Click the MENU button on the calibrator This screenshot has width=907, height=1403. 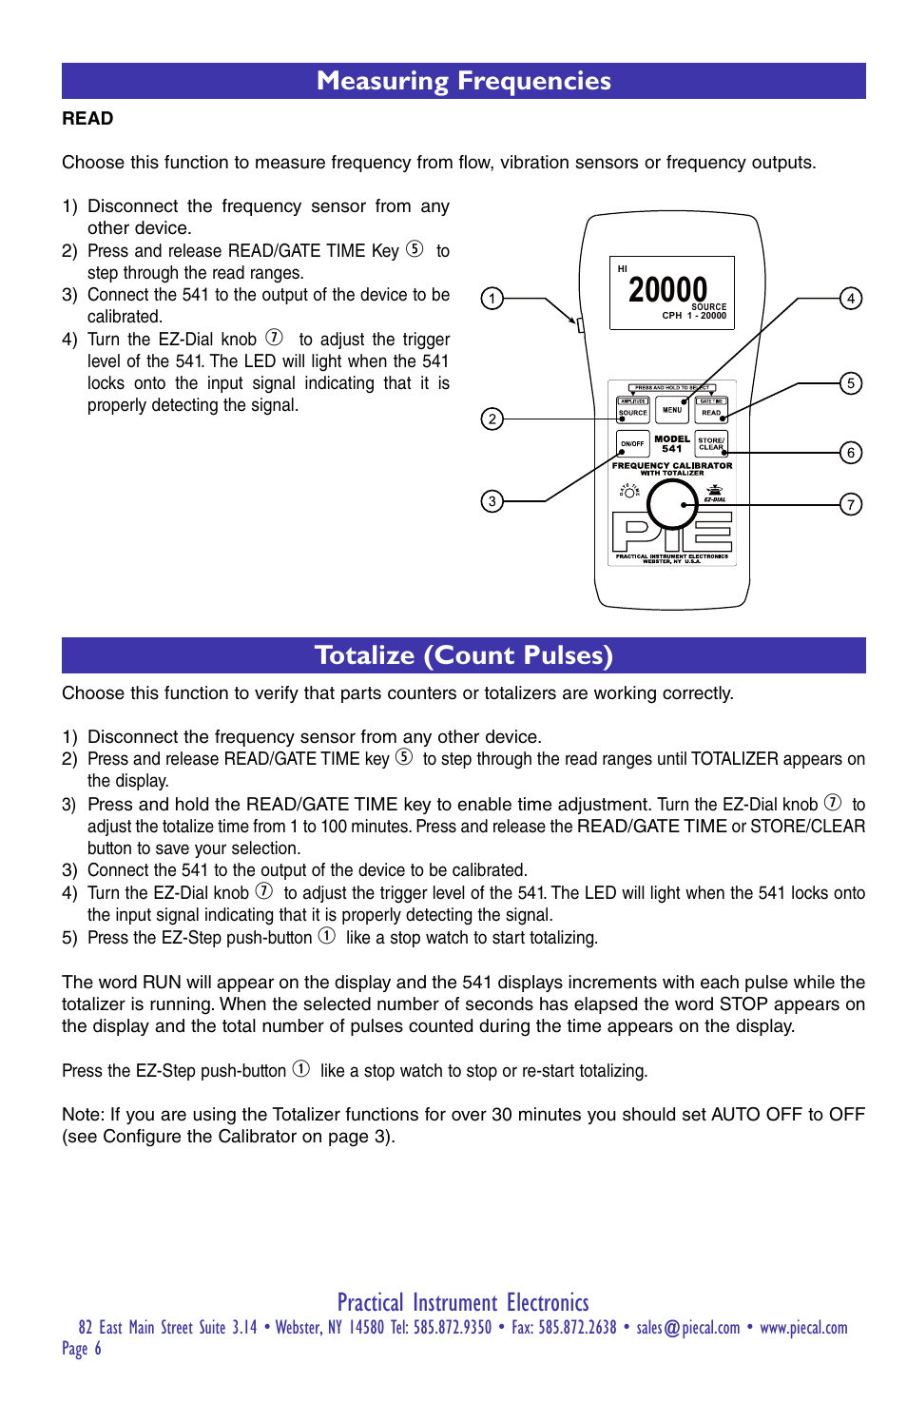[x=672, y=410]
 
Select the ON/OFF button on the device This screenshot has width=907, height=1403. [x=632, y=443]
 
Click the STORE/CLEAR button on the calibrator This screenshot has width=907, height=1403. [x=711, y=443]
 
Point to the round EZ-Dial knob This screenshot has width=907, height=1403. [x=672, y=503]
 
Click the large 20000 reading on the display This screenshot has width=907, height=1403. [x=667, y=290]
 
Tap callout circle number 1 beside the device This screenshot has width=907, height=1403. [x=492, y=299]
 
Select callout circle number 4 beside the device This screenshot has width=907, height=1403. [x=851, y=299]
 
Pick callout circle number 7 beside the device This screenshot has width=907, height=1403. [x=851, y=504]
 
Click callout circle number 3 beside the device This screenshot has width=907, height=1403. [x=492, y=501]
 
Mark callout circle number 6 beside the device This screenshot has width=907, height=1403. [x=851, y=453]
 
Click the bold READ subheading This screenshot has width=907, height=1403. [x=87, y=119]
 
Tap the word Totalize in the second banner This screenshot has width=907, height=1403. [x=365, y=655]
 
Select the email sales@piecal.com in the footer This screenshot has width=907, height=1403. [x=687, y=1328]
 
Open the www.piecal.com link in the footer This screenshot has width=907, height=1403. [x=803, y=1328]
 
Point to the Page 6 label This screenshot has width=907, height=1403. [x=82, y=1349]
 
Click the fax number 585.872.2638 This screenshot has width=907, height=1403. [x=577, y=1328]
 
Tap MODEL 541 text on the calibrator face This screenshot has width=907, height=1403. [x=672, y=444]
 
